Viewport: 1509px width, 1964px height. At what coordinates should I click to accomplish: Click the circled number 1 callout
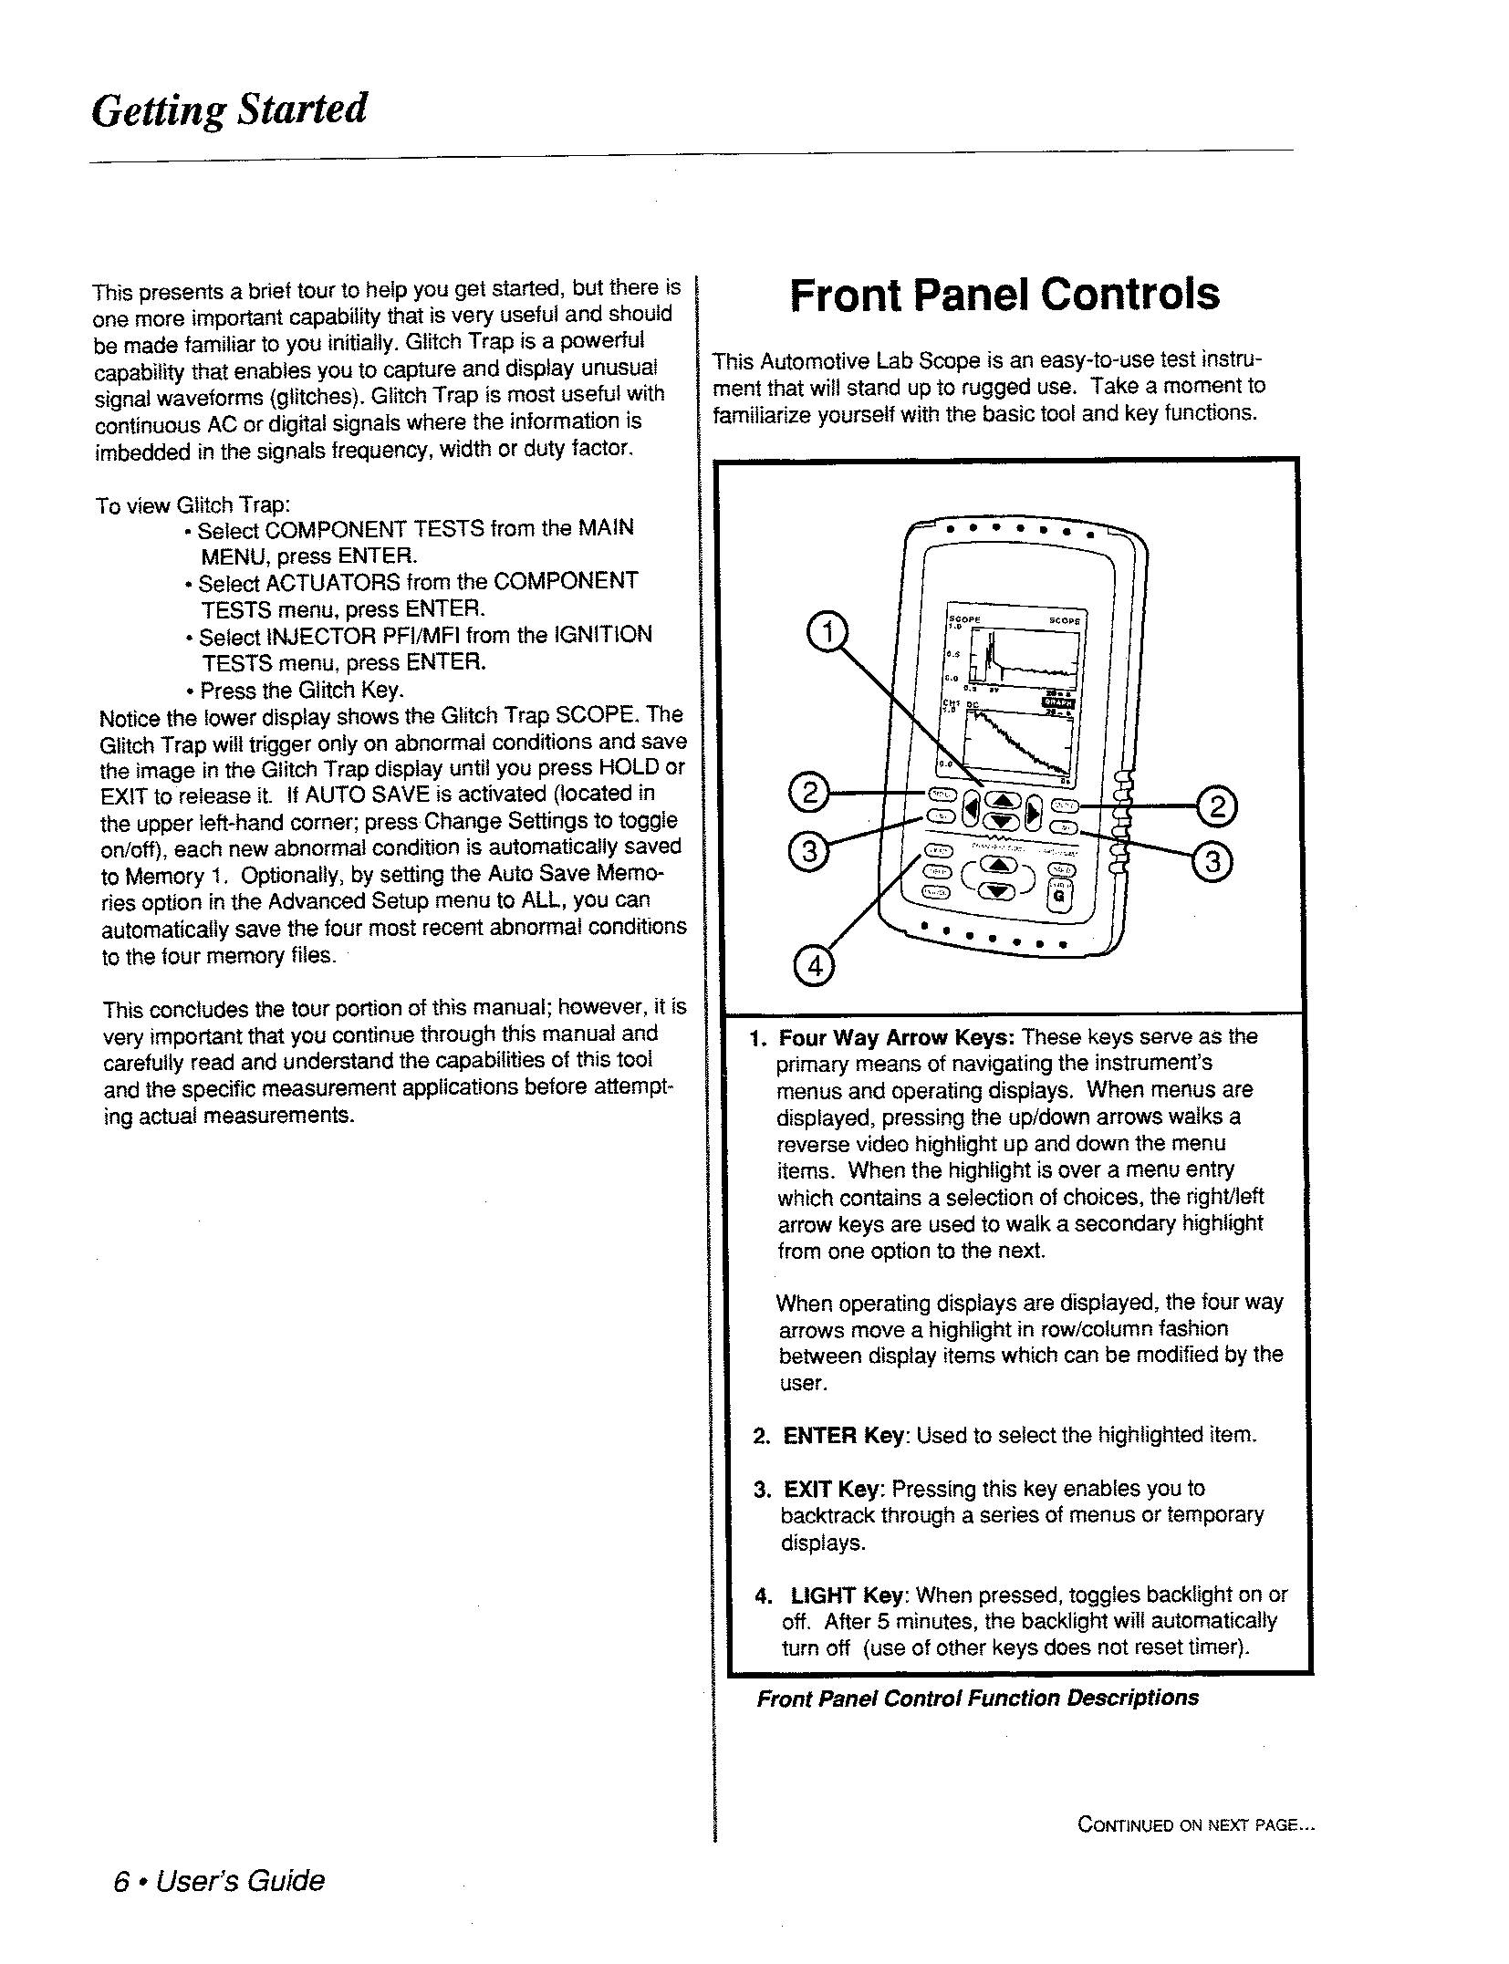coord(827,632)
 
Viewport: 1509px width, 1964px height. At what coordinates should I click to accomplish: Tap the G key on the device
coord(1058,895)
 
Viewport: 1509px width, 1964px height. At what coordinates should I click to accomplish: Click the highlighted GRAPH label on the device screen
coord(1057,701)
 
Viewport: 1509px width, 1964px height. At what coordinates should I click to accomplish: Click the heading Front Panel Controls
coord(1004,295)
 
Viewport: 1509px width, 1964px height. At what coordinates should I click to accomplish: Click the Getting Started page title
coord(229,110)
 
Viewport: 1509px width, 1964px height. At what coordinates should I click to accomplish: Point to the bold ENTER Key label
coord(843,1435)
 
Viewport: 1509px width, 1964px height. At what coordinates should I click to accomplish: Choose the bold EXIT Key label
coord(833,1490)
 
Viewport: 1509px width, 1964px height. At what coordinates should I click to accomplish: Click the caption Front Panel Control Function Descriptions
coord(977,1699)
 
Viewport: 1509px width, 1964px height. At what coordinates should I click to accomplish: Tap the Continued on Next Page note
coord(1196,1824)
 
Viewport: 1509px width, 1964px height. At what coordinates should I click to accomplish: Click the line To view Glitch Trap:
coord(193,505)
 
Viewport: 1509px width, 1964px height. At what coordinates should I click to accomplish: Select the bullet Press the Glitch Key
coord(301,690)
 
